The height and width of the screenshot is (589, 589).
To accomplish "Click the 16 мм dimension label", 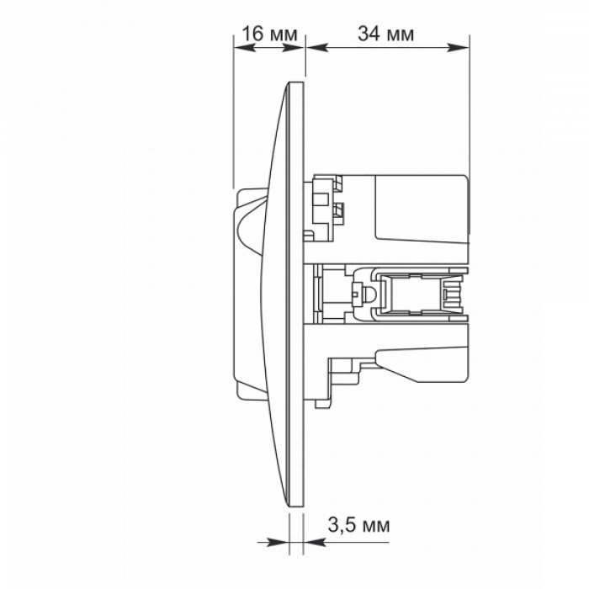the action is coord(269,34).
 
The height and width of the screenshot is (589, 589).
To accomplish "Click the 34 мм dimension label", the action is coord(385,34).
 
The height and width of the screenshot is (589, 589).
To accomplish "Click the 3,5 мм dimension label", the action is coord(358,525).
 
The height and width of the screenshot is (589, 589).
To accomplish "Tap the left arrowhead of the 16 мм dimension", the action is coord(244,47).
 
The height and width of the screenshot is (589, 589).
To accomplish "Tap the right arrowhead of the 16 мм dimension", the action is coord(294,47).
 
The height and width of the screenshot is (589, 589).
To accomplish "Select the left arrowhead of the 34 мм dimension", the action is coord(317,47).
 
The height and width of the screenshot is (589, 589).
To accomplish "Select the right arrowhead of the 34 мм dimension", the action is coord(459,47).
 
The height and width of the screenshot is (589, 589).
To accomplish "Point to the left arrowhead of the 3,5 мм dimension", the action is coord(278,542).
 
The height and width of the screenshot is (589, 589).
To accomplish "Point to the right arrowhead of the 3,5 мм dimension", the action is coord(314,542).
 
